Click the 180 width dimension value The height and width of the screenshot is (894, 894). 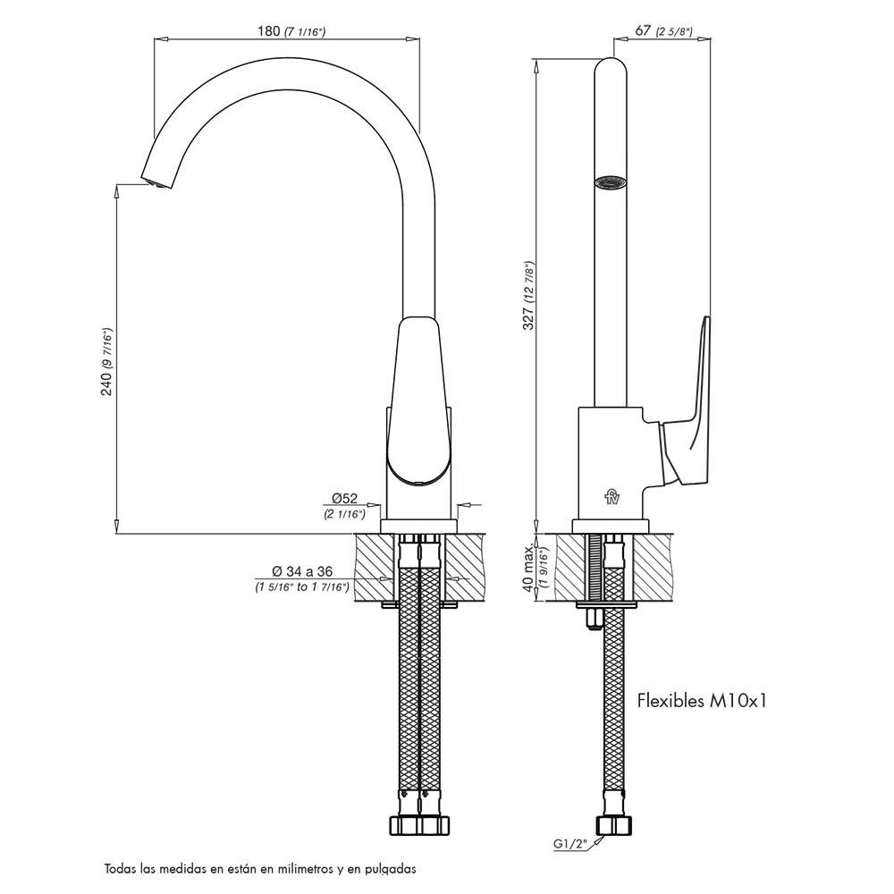pyautogui.click(x=269, y=31)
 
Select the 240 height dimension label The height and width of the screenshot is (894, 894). pyautogui.click(x=106, y=384)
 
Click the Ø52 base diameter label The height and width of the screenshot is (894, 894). pyautogui.click(x=344, y=498)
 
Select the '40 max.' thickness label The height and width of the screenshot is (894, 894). pyautogui.click(x=527, y=568)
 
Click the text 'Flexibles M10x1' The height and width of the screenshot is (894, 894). pyautogui.click(x=702, y=701)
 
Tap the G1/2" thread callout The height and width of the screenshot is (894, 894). pyautogui.click(x=569, y=842)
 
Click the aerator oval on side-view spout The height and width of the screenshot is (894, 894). pyautogui.click(x=611, y=182)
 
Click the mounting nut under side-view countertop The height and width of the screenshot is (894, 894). pyautogui.click(x=593, y=619)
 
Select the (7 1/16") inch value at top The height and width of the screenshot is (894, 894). pyautogui.click(x=305, y=32)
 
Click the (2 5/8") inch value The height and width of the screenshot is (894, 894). pyautogui.click(x=675, y=31)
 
